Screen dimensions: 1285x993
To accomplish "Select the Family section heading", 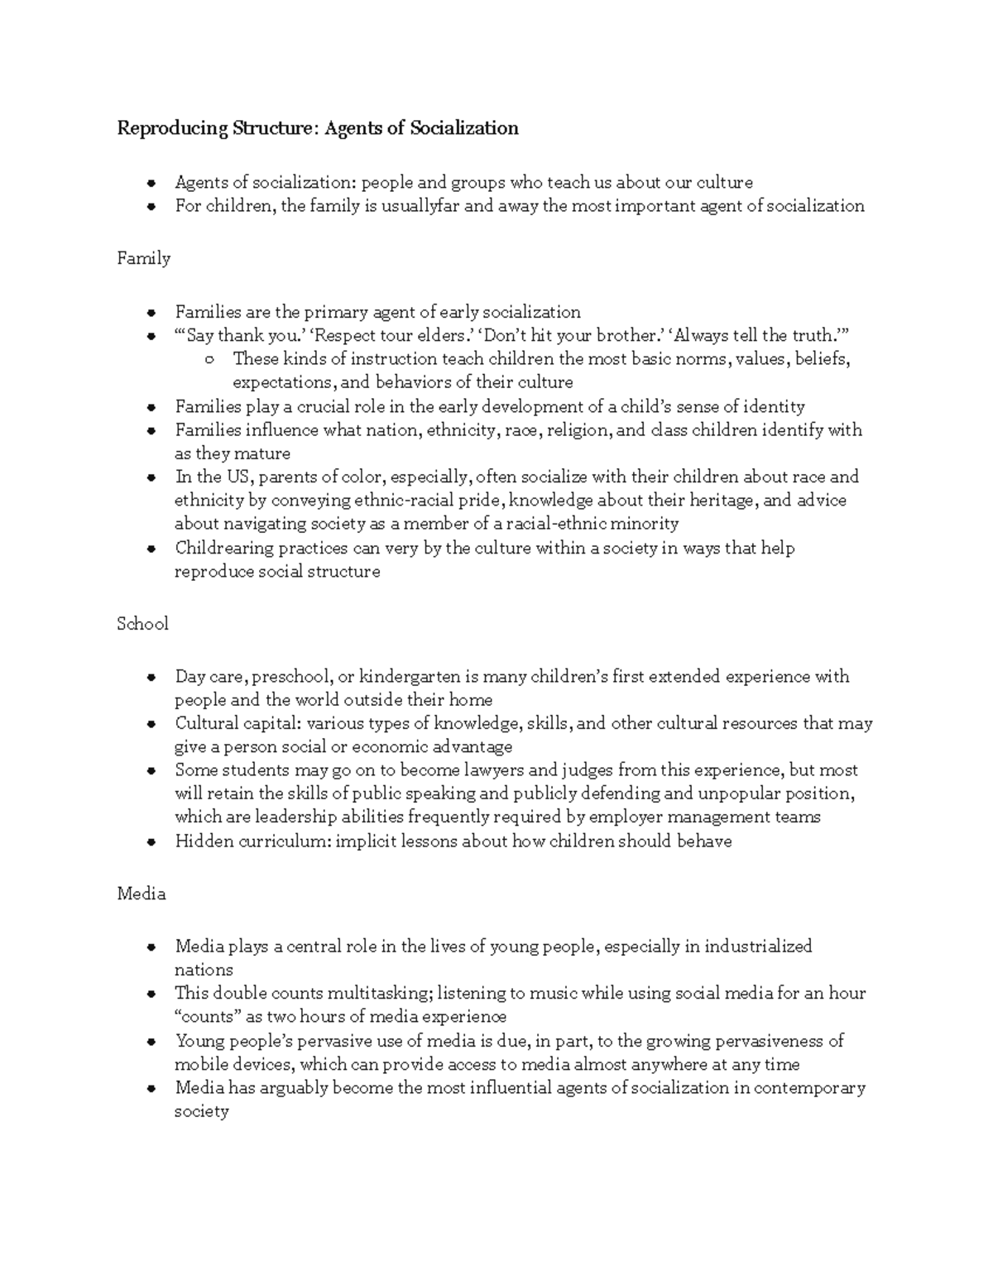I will coord(144,258).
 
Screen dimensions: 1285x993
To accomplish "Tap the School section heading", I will coord(143,624).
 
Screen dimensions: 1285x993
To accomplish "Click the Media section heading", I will coord(142,894).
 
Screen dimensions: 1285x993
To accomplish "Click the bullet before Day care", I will coord(151,678).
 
